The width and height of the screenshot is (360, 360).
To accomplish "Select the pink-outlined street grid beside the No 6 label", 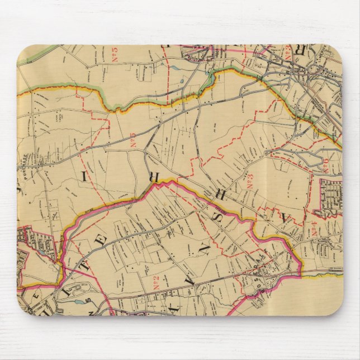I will pyautogui.click(x=330, y=196).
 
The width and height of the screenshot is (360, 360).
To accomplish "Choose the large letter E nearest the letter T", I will pyautogui.click(x=102, y=241).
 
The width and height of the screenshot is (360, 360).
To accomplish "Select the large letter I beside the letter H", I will pyautogui.click(x=84, y=177).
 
